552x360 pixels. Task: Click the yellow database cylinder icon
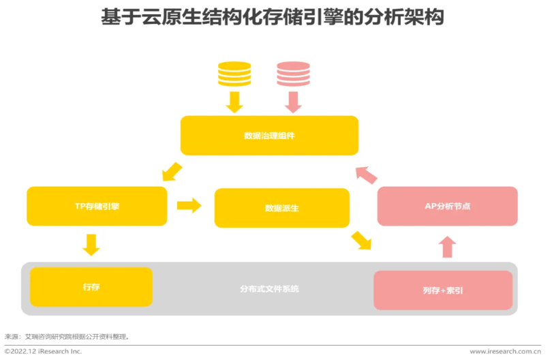(234, 74)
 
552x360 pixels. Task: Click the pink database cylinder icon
(293, 74)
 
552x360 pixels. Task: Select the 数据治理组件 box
(269, 135)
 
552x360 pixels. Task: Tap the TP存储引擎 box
(97, 206)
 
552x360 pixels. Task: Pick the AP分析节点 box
(447, 206)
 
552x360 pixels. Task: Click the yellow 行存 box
(91, 287)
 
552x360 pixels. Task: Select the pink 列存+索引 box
(442, 290)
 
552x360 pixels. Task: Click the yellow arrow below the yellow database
(234, 102)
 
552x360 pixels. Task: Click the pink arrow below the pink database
(294, 102)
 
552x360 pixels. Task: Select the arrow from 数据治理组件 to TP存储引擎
(171, 171)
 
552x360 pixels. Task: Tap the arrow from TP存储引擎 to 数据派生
(189, 205)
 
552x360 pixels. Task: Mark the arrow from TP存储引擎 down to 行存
(90, 244)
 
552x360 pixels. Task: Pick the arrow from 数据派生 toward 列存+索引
(361, 240)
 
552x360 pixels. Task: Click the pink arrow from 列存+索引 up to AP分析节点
(447, 247)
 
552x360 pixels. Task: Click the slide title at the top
(273, 16)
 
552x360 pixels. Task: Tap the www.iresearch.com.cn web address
(505, 351)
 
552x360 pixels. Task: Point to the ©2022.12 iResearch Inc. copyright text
(43, 351)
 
